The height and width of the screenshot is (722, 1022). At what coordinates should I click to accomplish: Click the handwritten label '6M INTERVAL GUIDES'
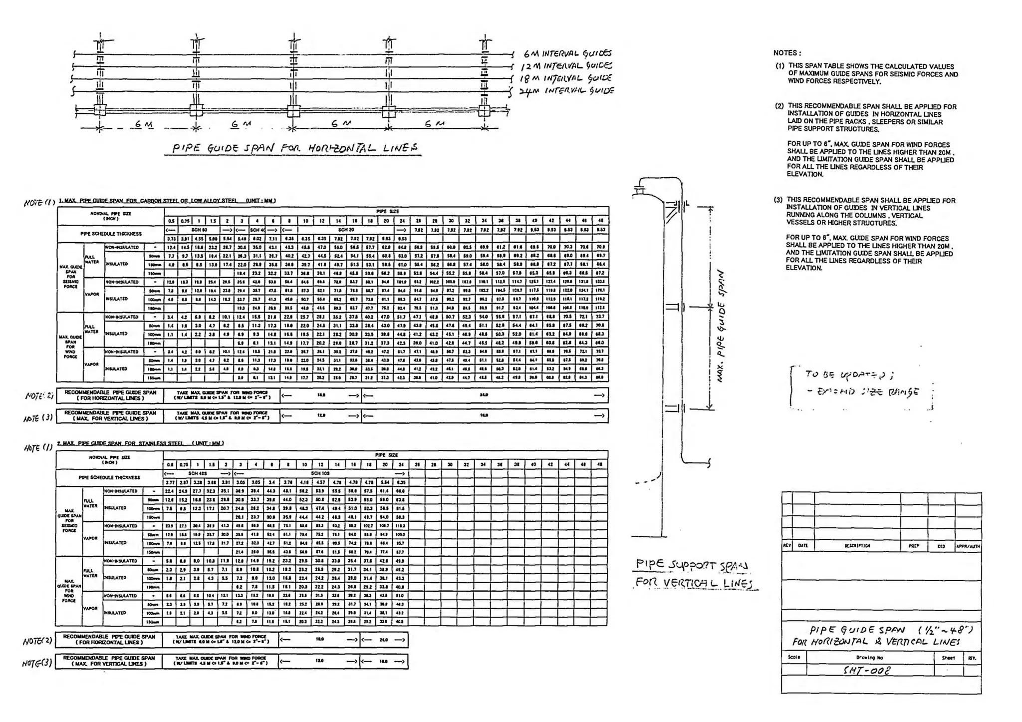tap(567, 53)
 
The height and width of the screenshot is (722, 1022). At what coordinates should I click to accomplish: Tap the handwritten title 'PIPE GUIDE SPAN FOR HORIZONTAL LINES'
tap(294, 148)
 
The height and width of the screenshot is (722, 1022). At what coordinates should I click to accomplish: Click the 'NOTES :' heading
tap(787, 53)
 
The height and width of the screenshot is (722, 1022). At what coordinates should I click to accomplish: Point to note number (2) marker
tap(779, 106)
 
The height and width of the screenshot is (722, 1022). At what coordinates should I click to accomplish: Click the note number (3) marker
tap(778, 200)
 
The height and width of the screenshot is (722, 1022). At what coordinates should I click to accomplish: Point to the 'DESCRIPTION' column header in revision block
tap(857, 546)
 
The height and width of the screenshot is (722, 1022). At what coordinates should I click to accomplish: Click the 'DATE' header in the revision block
tap(803, 546)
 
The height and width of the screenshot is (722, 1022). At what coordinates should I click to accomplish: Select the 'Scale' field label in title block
tap(794, 657)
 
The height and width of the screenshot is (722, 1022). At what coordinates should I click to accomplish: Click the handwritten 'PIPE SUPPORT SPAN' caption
tap(691, 565)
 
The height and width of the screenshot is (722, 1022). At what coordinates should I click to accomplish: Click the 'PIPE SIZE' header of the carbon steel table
tap(387, 211)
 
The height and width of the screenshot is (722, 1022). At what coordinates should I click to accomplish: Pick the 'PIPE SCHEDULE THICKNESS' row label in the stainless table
tap(110, 478)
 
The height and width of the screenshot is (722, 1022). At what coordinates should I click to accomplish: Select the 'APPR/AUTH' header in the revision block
tap(968, 546)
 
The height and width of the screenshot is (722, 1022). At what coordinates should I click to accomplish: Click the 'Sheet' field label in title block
tap(948, 658)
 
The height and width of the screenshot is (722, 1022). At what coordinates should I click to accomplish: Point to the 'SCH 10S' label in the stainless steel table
tap(319, 473)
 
